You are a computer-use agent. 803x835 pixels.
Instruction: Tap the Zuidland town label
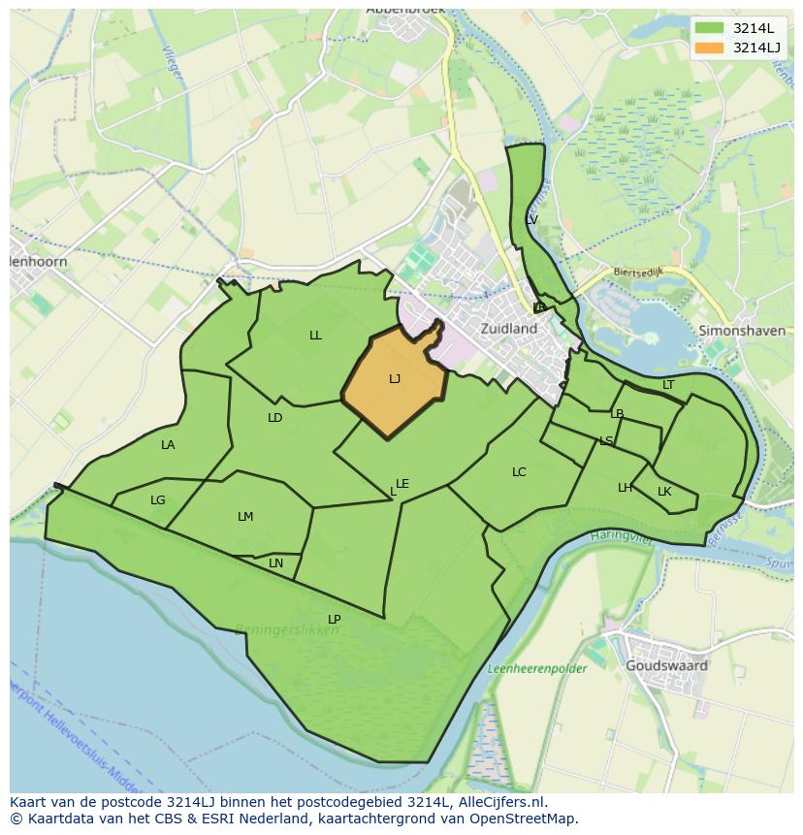[x=509, y=329]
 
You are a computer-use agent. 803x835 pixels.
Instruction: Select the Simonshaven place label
[x=742, y=331]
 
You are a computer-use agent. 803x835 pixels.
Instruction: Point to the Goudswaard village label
[x=666, y=666]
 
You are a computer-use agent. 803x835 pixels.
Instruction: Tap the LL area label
[x=315, y=336]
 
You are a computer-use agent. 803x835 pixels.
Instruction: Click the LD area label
[x=274, y=418]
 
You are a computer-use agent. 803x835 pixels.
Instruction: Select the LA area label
[x=168, y=445]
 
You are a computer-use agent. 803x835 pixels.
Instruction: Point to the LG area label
[x=158, y=500]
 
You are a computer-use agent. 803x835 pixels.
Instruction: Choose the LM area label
[x=245, y=517]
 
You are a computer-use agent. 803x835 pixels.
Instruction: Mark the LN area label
[x=275, y=563]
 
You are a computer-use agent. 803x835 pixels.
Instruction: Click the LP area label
[x=334, y=620]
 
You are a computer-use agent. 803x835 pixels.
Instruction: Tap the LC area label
[x=519, y=472]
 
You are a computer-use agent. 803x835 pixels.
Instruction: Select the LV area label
[x=530, y=220]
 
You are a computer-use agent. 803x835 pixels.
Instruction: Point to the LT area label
[x=668, y=385]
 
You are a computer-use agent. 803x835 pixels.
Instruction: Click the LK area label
[x=664, y=492]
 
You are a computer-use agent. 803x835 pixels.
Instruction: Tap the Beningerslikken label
[x=287, y=629]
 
